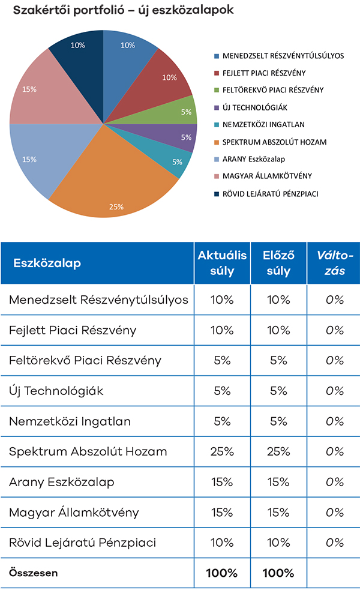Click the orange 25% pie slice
click(126, 180)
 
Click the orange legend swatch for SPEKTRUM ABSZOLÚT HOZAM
click(217, 142)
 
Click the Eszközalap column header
click(47, 263)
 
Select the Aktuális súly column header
click(222, 263)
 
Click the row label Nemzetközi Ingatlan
click(70, 421)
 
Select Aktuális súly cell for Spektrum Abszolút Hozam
click(222, 451)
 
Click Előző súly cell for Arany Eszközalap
click(278, 482)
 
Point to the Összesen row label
click(34, 573)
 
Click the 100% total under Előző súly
click(278, 573)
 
